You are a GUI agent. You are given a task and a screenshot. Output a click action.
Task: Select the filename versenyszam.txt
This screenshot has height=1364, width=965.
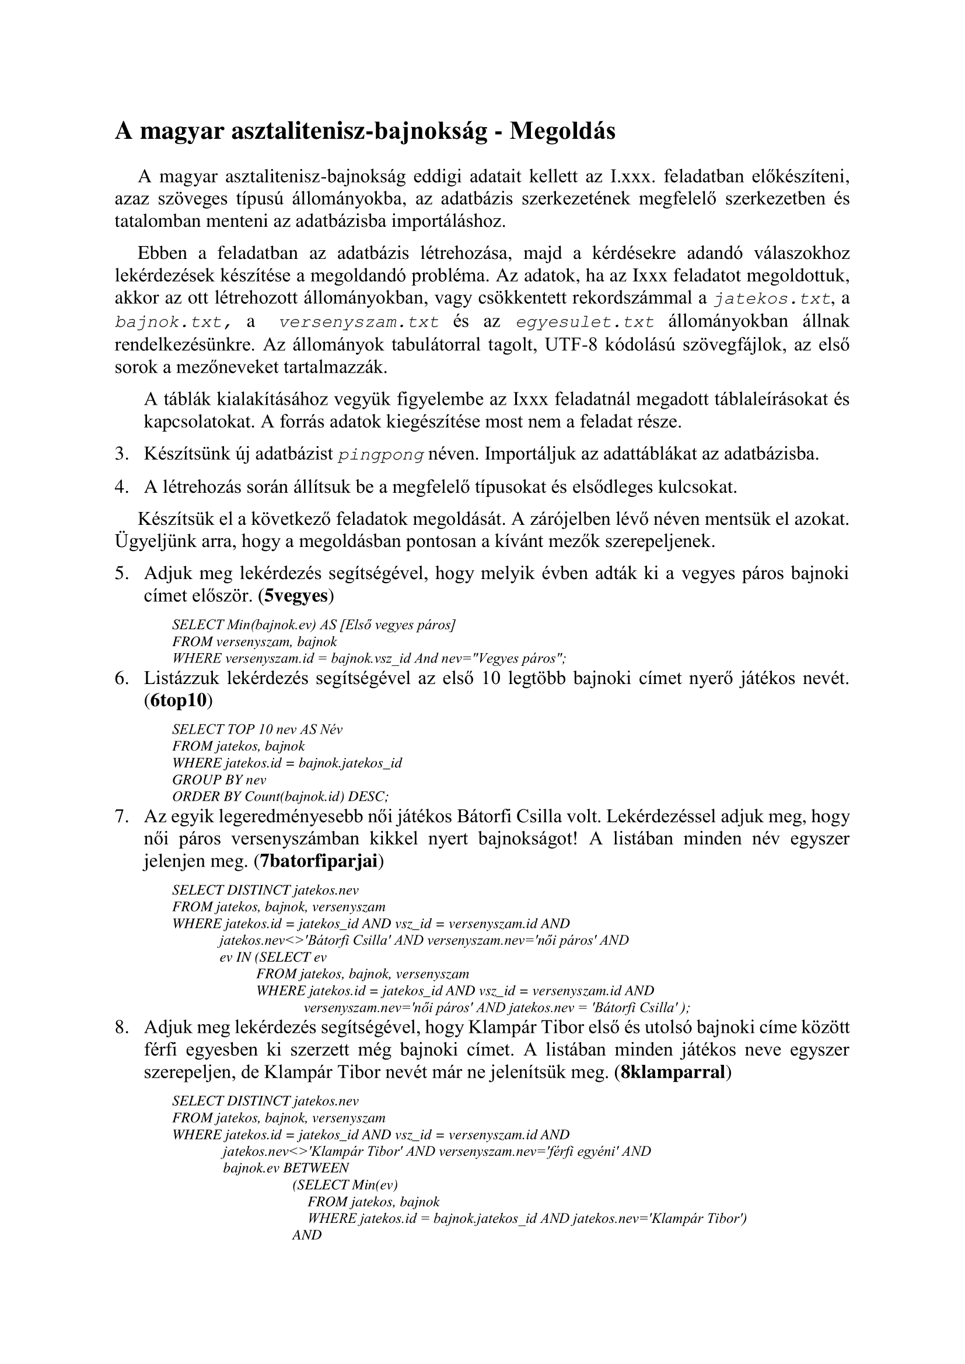pos(359,322)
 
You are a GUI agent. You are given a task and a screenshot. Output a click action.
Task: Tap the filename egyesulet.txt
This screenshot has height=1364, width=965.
pos(585,322)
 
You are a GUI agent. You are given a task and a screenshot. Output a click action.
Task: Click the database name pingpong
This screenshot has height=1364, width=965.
pos(381,455)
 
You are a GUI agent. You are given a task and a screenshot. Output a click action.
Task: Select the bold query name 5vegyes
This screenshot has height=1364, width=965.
pos(296,596)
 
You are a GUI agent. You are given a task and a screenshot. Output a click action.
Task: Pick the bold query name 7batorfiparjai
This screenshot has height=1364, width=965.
pos(319,861)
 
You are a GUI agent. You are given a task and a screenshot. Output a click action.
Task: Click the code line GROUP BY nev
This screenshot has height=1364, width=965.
pos(219,780)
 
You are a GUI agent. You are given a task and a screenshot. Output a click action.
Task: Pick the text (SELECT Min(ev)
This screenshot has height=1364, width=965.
pos(345,1185)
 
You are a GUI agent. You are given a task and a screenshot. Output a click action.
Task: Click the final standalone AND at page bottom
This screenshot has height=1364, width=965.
pos(307,1235)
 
